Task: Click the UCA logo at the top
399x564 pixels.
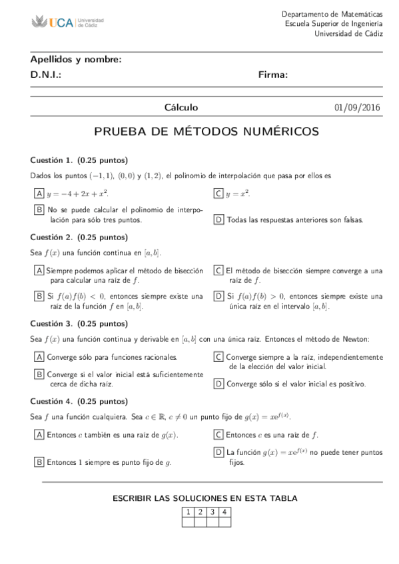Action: coord(67,23)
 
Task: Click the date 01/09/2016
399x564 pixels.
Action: coord(358,108)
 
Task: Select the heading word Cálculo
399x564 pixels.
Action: coord(181,108)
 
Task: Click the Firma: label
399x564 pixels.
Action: coord(273,75)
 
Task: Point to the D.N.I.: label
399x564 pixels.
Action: coord(46,75)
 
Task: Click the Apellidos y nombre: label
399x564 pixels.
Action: coord(76,59)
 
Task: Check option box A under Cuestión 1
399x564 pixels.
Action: coord(39,194)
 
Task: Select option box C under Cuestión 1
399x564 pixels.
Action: coord(218,194)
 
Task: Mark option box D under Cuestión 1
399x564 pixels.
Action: coord(218,219)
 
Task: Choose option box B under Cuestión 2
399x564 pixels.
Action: coord(39,296)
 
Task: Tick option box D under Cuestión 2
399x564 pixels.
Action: coord(218,296)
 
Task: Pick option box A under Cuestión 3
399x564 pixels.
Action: coord(39,356)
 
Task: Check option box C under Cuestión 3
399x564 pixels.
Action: coord(218,356)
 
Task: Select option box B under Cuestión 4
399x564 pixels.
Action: coord(39,462)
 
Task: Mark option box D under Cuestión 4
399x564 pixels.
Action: coord(218,452)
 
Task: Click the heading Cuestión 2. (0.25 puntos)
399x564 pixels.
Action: coord(79,237)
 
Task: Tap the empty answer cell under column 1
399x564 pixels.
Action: coord(189,521)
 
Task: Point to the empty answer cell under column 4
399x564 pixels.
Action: coord(225,521)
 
